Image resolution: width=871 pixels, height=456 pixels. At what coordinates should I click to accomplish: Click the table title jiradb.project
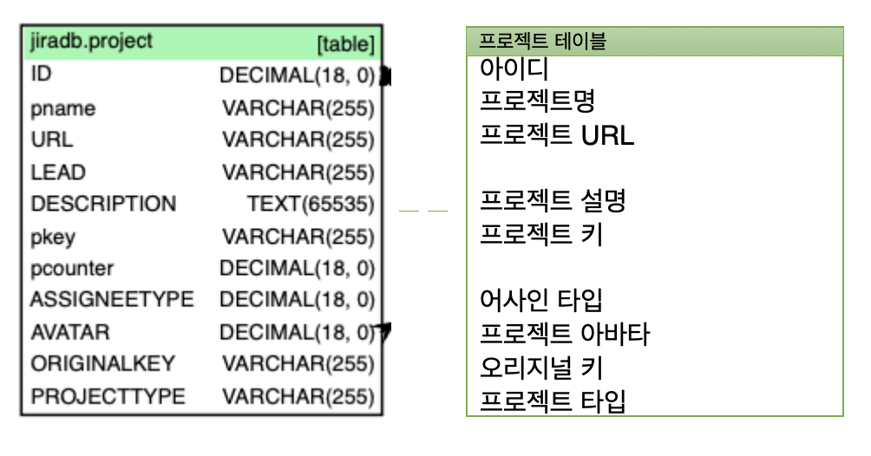coord(91,41)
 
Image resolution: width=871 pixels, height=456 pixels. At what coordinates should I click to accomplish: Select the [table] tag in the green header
coord(345,44)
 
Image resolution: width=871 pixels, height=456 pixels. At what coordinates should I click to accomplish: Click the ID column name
coord(41,74)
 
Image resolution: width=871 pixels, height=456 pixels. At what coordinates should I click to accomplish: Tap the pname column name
coord(62,109)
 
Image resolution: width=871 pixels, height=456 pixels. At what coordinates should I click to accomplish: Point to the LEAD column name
coord(58,173)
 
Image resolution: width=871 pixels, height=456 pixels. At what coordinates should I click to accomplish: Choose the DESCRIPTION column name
coord(103,205)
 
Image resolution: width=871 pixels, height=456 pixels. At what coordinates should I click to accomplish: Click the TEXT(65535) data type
coord(311,205)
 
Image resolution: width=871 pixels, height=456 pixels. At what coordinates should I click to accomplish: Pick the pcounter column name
coord(72,269)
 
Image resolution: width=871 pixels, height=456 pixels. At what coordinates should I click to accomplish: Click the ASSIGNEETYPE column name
coord(112,300)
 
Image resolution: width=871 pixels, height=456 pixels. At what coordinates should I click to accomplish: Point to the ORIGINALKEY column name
coord(102,364)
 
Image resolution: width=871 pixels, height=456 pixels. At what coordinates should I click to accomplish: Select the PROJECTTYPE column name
coord(108,396)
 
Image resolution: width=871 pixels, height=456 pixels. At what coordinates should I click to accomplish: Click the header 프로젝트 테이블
coord(543,42)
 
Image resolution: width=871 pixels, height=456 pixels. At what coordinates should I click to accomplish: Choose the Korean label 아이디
coord(514,69)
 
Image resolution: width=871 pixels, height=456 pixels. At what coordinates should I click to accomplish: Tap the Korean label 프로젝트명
coord(537,102)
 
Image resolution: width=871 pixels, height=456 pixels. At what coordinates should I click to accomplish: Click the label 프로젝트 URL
coord(556,135)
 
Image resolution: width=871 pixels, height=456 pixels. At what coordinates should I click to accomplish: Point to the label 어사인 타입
coord(541,301)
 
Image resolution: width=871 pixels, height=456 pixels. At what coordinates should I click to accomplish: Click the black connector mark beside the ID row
coord(385,76)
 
